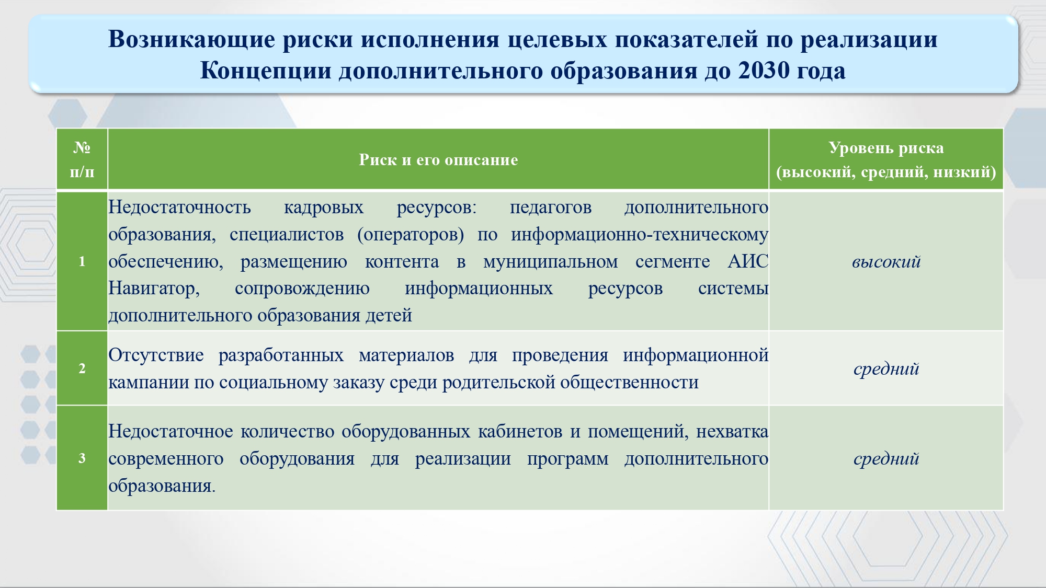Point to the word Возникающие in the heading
point(191,40)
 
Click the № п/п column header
point(82,159)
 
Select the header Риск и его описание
point(438,160)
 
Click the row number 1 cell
point(82,261)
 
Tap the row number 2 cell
point(82,368)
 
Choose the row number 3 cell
point(82,458)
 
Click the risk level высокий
point(886,261)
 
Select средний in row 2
point(886,369)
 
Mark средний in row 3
point(886,459)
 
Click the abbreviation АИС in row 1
point(748,261)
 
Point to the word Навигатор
point(154,289)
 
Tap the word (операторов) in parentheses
point(411,235)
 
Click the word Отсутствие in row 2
point(156,355)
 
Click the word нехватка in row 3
point(732,431)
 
